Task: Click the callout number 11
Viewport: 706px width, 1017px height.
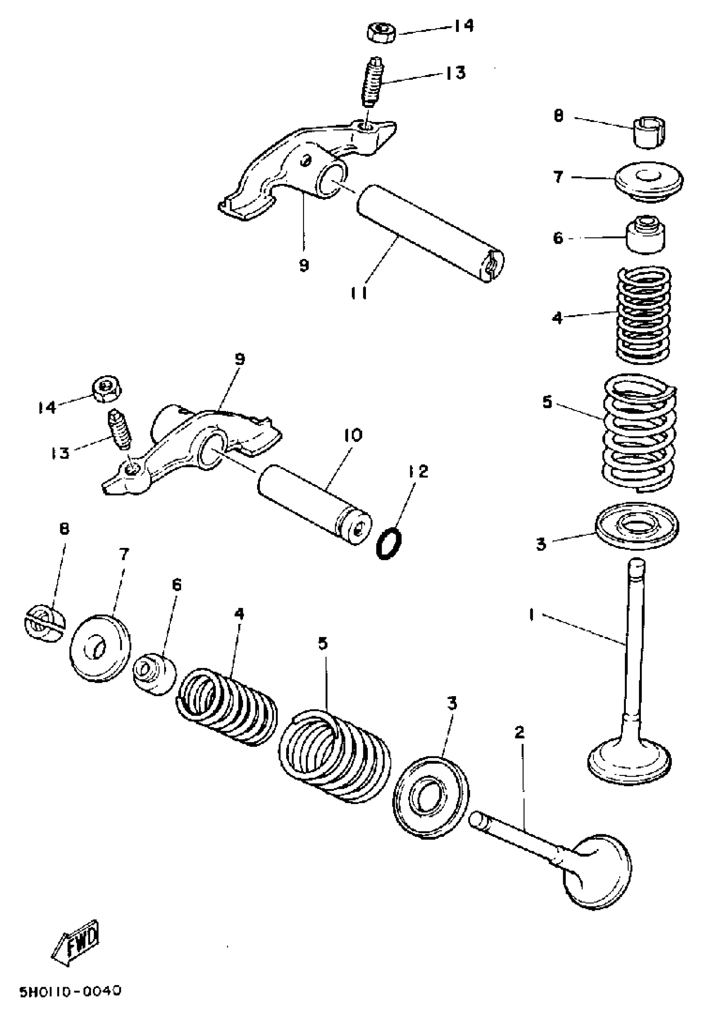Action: point(359,293)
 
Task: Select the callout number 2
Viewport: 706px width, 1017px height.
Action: point(520,733)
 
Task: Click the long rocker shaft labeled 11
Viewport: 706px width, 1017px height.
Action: point(429,233)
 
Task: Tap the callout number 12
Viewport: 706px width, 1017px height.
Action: point(418,472)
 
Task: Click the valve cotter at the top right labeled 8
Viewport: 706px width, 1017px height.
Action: point(650,132)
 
